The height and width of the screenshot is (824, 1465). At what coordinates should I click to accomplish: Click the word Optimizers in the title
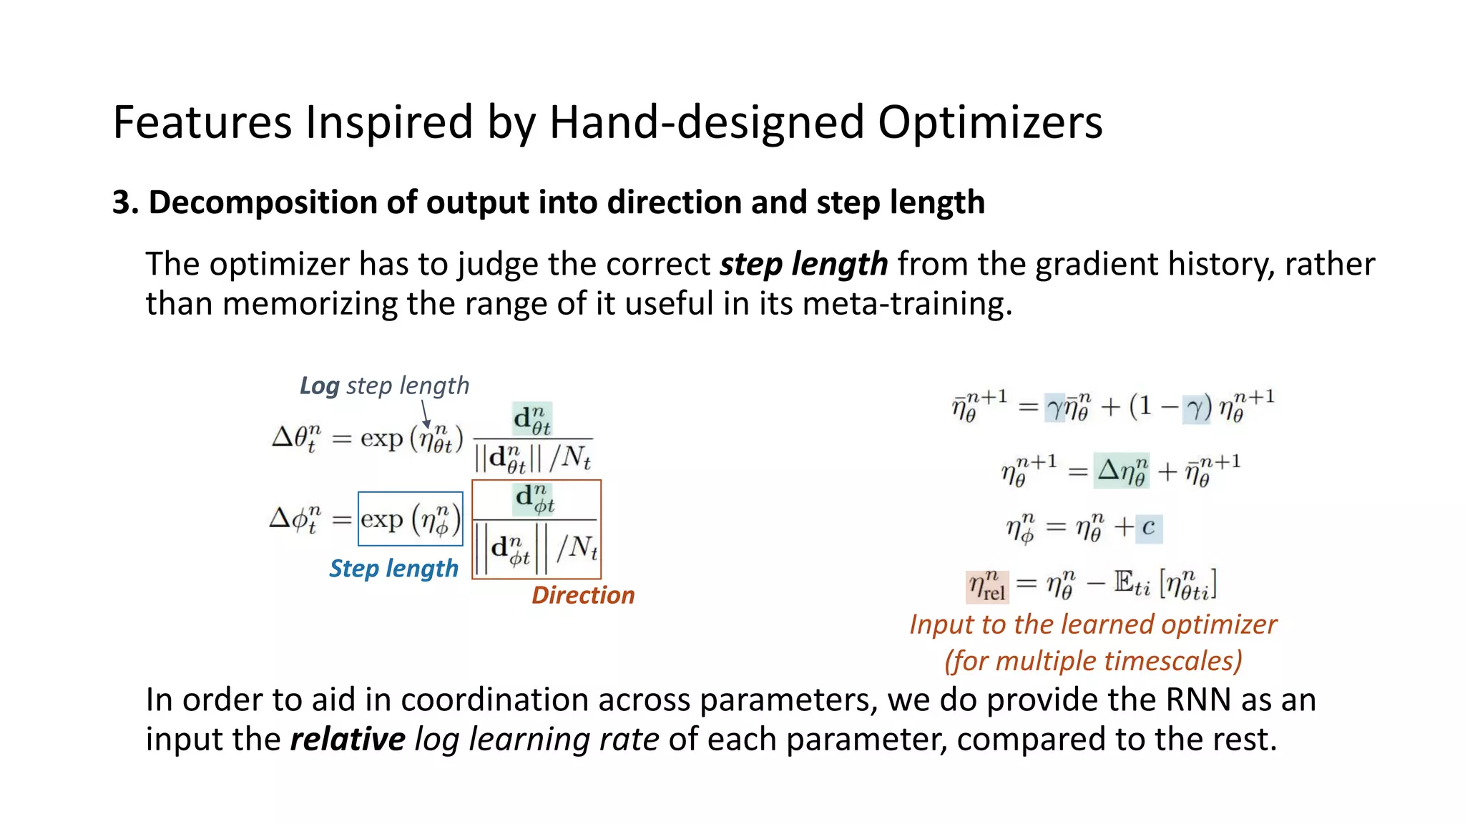click(990, 122)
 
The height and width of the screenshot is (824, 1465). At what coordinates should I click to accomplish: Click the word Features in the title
click(202, 122)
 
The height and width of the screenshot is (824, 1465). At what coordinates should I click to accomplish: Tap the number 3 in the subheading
click(121, 202)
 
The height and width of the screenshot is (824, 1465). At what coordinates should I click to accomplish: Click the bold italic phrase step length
click(803, 264)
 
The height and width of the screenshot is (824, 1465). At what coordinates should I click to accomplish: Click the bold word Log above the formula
click(319, 386)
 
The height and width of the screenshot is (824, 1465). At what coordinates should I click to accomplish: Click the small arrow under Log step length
click(425, 414)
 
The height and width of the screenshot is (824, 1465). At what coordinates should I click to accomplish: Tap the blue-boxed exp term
click(410, 519)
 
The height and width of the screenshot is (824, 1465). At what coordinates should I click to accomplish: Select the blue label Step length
click(393, 569)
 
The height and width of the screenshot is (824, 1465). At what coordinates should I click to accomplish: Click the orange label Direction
click(583, 595)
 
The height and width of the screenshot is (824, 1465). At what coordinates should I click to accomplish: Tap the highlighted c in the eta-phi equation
click(1148, 528)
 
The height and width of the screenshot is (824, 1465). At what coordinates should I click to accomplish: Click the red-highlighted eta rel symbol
click(987, 586)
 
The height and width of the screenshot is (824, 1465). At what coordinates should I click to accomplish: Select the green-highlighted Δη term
click(1121, 471)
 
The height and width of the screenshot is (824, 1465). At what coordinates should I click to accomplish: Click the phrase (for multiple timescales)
click(1093, 661)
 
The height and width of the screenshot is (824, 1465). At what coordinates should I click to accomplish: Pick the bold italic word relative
click(348, 739)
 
